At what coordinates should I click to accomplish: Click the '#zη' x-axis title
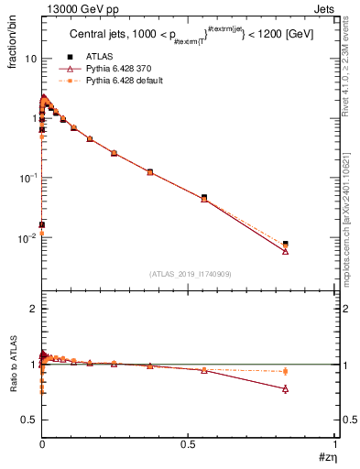pos(327,457)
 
